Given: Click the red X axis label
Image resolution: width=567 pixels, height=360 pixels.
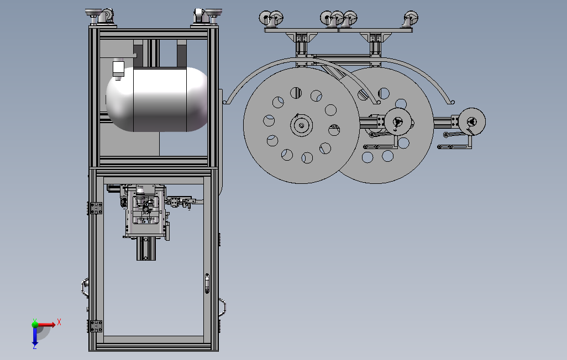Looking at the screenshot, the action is [59, 322].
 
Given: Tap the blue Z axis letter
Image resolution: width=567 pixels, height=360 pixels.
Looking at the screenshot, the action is [35, 347].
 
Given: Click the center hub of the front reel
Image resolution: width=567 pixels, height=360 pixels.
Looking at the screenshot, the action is [301, 125].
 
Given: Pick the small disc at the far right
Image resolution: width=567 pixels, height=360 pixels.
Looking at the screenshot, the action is [472, 122].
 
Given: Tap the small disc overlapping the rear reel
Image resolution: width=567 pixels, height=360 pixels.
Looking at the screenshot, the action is [398, 122].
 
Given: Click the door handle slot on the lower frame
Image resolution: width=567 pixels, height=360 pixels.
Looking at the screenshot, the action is [207, 283].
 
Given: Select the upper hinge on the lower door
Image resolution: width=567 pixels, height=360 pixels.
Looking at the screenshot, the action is [96, 208].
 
